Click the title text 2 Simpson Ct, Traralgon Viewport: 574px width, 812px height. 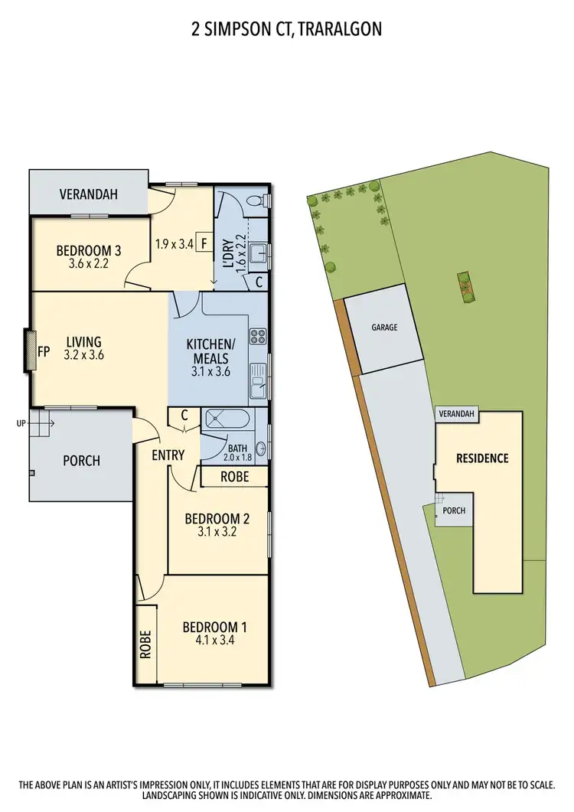(286, 29)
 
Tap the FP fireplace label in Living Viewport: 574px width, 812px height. (43, 352)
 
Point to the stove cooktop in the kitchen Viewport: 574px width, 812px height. (259, 335)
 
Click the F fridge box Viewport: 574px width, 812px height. (204, 243)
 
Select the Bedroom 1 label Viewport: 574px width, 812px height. (214, 628)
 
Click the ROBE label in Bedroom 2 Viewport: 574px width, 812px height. (233, 475)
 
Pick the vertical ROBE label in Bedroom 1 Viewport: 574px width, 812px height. (145, 644)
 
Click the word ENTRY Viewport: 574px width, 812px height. (168, 455)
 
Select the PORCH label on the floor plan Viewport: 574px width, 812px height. (81, 461)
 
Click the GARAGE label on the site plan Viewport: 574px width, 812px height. (384, 327)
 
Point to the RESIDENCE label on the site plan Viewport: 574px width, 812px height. (482, 458)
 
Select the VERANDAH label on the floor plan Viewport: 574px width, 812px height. (89, 194)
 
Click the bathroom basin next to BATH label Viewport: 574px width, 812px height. (260, 449)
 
